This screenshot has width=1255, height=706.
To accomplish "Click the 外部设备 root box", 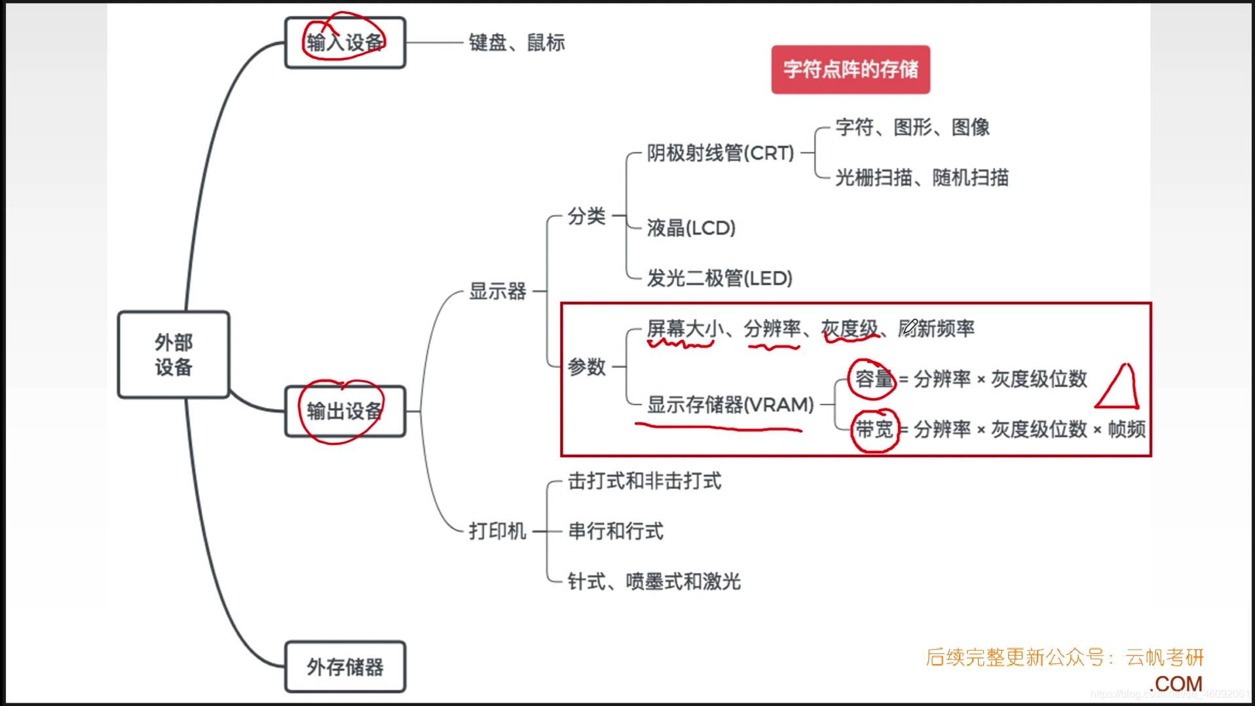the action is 174,354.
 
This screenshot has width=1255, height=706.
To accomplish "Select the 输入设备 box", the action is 345,43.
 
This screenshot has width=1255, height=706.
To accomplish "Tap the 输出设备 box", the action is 345,411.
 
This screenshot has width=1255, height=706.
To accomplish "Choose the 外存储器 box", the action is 345,667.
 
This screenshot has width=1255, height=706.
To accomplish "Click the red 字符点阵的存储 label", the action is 850,69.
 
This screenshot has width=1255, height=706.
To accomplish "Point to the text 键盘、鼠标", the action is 517,43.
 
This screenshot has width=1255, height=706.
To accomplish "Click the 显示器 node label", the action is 498,291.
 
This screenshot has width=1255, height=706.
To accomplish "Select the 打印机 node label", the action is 498,531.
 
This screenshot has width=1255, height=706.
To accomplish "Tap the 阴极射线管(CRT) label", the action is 721,153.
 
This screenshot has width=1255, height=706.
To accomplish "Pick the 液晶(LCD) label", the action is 691,228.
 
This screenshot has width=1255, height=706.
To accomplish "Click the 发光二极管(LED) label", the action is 719,278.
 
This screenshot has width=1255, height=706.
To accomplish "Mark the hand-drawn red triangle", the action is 1119,388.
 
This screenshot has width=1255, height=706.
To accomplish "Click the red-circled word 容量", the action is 874,379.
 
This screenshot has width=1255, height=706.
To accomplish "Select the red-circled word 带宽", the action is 874,430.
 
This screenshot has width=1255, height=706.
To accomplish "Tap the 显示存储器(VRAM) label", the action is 730,405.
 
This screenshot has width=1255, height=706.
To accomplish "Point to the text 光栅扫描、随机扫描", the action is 922,177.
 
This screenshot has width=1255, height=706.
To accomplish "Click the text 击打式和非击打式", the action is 645,481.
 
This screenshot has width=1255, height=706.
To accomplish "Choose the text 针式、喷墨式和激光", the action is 654,582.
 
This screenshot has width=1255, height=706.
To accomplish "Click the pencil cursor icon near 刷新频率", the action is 910,325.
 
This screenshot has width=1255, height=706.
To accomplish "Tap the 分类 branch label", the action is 586,215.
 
